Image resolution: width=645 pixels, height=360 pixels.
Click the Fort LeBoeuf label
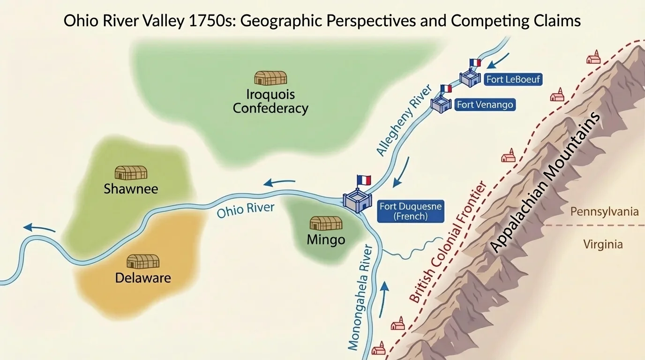point(513,79)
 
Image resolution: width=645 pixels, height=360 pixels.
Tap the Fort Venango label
point(485,105)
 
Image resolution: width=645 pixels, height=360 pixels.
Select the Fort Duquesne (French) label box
point(410,211)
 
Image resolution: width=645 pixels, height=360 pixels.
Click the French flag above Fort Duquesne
point(364,180)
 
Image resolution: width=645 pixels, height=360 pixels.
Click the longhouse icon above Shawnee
point(131,172)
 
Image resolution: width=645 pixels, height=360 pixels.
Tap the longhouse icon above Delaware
point(143,262)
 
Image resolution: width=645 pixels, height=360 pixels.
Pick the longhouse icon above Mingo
point(326,223)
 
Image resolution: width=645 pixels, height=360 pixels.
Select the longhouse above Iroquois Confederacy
point(270,78)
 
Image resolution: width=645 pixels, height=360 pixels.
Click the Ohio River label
point(245,210)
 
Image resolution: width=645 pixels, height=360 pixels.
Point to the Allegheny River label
point(404,120)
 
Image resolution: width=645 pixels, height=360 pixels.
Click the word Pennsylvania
point(604,212)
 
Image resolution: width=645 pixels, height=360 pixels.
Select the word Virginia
point(603,244)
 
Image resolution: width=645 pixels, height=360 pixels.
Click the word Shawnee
point(131,189)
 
